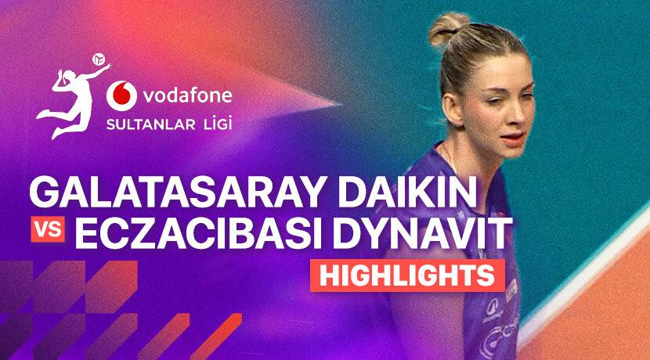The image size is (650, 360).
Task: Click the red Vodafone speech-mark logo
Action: [x=121, y=96]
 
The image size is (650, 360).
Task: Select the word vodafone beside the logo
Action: [x=187, y=96]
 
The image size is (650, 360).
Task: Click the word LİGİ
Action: [x=215, y=124]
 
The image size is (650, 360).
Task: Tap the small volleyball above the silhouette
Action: [x=99, y=59]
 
